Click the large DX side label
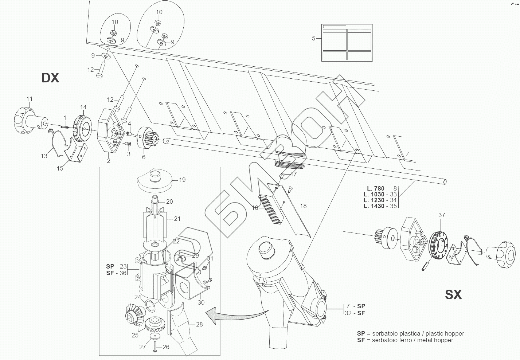tap(50, 78)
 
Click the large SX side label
tap(453, 294)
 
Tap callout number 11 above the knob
tap(30, 99)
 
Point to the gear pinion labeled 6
tap(149, 139)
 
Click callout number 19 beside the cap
tap(182, 180)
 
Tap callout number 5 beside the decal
tap(314, 38)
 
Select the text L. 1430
tap(374, 206)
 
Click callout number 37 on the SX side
tap(442, 215)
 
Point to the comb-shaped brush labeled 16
tap(270, 209)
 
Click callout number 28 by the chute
tap(199, 324)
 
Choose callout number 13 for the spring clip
tap(44, 156)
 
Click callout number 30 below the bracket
tap(201, 302)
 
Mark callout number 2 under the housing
tap(108, 161)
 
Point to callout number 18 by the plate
tap(303, 206)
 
